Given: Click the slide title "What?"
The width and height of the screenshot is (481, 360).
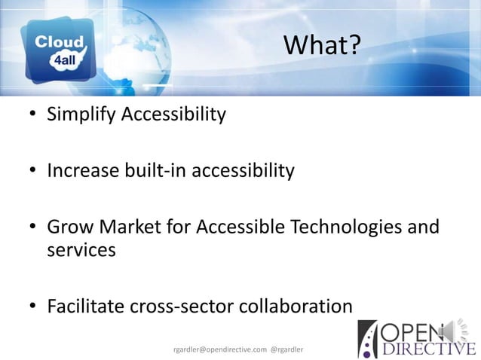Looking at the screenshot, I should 322,47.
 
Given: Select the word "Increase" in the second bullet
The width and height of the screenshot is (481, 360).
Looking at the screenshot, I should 81,172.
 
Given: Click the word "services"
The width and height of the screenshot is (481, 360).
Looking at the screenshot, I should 81,250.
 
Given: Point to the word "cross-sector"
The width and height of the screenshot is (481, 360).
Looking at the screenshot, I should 181,307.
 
